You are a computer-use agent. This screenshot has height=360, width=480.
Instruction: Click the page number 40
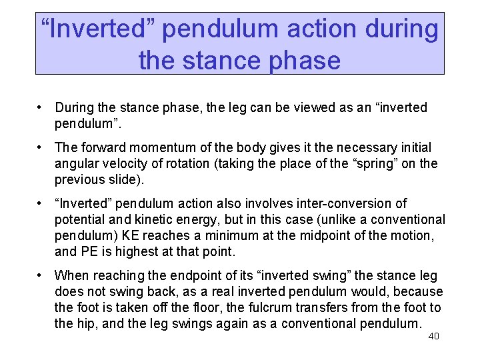(433, 336)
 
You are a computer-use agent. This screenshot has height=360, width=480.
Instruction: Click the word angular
(77, 163)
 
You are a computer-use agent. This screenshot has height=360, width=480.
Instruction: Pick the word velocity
(127, 163)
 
